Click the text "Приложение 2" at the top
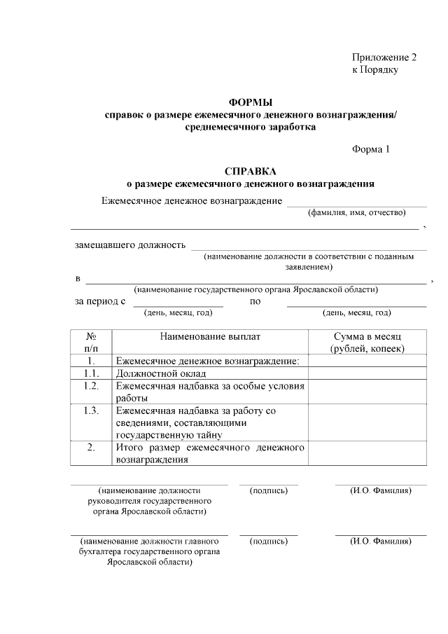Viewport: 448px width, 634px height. (384, 57)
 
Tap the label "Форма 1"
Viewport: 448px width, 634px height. (369, 149)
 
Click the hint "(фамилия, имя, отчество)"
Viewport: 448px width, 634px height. (357, 212)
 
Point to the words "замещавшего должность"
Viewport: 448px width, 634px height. (130, 245)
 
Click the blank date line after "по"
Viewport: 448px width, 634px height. (356, 302)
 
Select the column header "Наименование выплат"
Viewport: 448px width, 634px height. (210, 336)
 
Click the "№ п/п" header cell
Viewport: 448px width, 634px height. (91, 342)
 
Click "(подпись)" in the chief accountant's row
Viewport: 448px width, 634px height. (268, 541)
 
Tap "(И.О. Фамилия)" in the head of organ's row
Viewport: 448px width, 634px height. (380, 490)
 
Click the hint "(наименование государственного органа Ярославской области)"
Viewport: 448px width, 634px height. (256, 289)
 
